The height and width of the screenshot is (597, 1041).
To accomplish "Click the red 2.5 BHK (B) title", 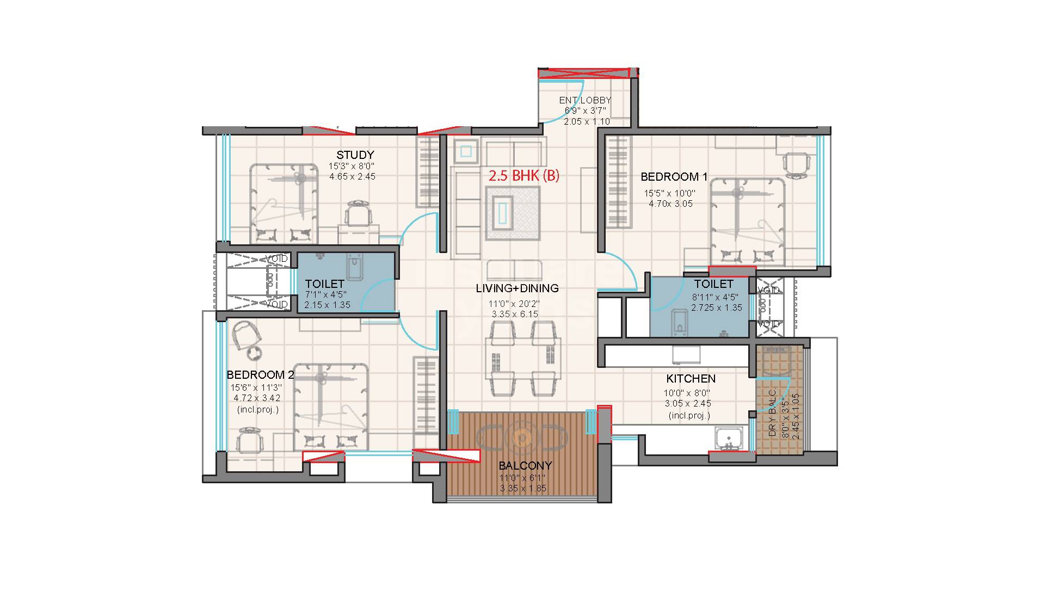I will (523, 176).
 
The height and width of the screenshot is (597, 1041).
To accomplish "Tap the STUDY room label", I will (355, 155).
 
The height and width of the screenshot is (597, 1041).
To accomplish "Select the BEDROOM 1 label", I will (674, 177).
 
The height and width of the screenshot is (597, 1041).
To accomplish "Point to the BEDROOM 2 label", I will (260, 375).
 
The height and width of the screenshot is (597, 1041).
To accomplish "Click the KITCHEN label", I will (691, 379).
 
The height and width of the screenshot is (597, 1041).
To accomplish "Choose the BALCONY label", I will (525, 466).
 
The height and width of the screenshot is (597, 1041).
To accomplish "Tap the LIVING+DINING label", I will (517, 288).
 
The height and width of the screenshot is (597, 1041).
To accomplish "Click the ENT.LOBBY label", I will (585, 100).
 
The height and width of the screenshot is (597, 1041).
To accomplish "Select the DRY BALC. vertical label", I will (772, 413).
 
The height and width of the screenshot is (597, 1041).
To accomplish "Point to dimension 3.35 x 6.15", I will (514, 314).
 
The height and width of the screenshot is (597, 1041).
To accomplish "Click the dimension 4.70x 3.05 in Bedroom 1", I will (670, 204).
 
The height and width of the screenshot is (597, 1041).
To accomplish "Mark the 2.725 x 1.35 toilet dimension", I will (717, 307).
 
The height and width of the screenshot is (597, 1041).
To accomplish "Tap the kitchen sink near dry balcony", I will (727, 439).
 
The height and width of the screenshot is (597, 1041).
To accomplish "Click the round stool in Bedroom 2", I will (254, 353).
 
